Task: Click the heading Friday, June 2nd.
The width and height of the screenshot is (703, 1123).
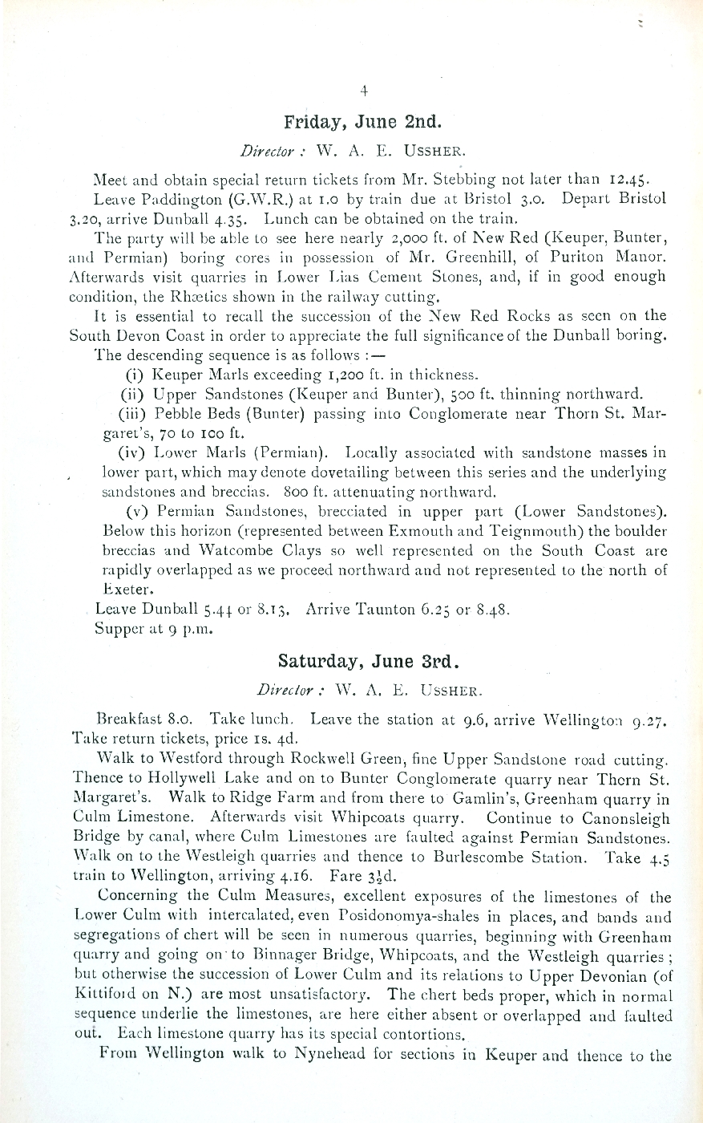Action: point(362,123)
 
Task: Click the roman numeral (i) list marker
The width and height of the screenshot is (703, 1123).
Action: point(135,374)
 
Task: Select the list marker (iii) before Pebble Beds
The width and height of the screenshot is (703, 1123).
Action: point(133,413)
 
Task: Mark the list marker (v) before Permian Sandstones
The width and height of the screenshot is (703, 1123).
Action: point(139,511)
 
